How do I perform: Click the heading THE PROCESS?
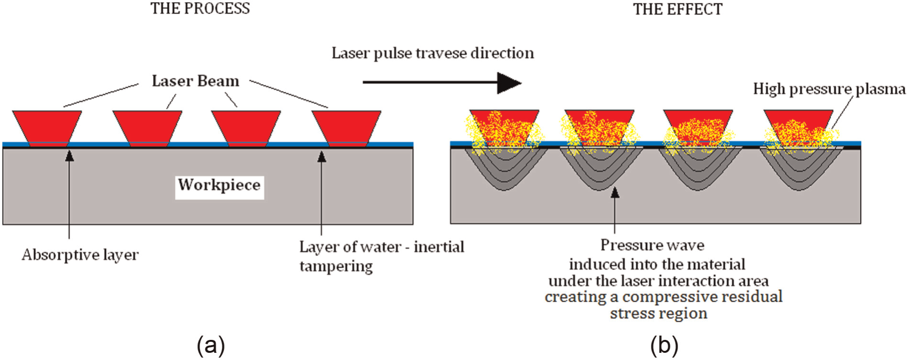click(x=200, y=9)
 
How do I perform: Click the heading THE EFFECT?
click(x=678, y=9)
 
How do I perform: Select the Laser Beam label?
click(x=196, y=81)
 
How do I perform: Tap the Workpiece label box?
click(x=219, y=185)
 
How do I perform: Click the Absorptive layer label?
click(x=80, y=255)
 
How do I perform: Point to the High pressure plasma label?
click(x=829, y=89)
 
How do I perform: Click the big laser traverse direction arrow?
click(x=442, y=83)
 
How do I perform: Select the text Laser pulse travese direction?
click(x=433, y=53)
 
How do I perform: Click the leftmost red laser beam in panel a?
click(x=47, y=127)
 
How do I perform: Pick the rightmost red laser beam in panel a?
click(x=347, y=127)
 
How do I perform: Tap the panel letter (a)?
click(x=210, y=345)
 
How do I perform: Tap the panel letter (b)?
click(x=664, y=345)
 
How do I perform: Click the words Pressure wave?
click(x=652, y=245)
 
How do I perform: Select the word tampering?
click(x=336, y=266)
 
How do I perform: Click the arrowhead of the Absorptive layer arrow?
click(x=70, y=155)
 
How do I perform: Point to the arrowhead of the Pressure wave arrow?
click(x=615, y=192)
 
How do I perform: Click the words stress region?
click(x=658, y=314)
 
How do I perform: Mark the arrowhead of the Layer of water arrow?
click(x=322, y=155)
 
